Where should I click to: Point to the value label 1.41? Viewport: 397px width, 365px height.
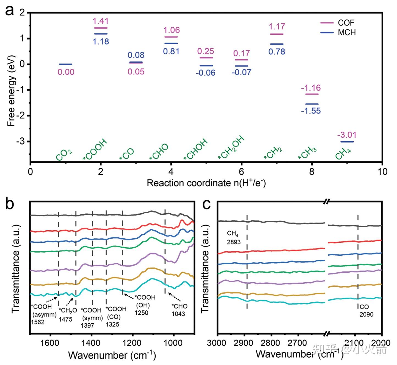pyautogui.click(x=101, y=21)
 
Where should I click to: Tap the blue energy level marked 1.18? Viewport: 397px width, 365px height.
pyautogui.click(x=101, y=34)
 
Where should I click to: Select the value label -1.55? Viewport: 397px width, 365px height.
pyautogui.click(x=311, y=111)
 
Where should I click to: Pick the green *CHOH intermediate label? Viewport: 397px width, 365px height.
pyautogui.click(x=196, y=150)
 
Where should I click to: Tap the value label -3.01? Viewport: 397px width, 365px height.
pyautogui.click(x=347, y=135)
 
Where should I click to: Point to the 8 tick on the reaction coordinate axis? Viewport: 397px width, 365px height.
pyautogui.click(x=311, y=172)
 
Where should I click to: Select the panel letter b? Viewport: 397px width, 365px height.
pyautogui.click(x=10, y=204)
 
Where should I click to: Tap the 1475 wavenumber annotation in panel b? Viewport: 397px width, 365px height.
pyautogui.click(x=65, y=319)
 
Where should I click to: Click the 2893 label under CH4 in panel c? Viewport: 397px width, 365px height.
pyautogui.click(x=234, y=242)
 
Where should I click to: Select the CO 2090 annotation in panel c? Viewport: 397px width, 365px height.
pyautogui.click(x=366, y=311)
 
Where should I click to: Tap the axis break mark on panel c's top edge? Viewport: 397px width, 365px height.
pyautogui.click(x=326, y=202)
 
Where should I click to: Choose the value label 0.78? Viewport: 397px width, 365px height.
pyautogui.click(x=277, y=52)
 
